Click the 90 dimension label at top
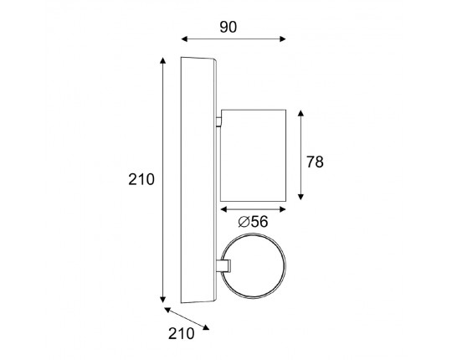click(x=229, y=27)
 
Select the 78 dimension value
click(x=315, y=162)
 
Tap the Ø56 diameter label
click(x=253, y=222)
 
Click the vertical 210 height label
click(x=141, y=179)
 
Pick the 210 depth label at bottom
click(x=182, y=334)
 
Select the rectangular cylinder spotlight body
click(x=253, y=156)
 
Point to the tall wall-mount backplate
click(x=198, y=180)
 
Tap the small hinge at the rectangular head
click(x=219, y=121)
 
